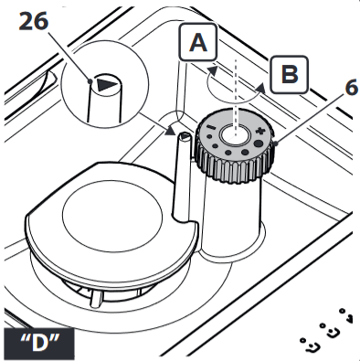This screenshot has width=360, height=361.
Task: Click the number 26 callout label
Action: (34, 22)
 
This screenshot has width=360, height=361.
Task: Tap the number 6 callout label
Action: (352, 89)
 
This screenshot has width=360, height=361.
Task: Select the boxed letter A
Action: (198, 43)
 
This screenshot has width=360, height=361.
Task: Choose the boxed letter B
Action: (290, 75)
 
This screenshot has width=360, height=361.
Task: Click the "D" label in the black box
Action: (39, 344)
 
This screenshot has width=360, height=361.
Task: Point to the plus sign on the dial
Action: (259, 132)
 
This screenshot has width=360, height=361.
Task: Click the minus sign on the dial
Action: (209, 128)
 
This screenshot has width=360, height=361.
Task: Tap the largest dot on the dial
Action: (259, 143)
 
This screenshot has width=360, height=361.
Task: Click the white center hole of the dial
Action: (235, 135)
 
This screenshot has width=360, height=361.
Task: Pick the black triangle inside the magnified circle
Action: (107, 84)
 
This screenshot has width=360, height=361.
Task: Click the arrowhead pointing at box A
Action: (212, 70)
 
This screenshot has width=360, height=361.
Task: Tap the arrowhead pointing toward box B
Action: (259, 87)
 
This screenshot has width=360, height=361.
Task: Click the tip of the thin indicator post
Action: (185, 137)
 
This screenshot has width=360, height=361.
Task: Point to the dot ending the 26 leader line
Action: (90, 81)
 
